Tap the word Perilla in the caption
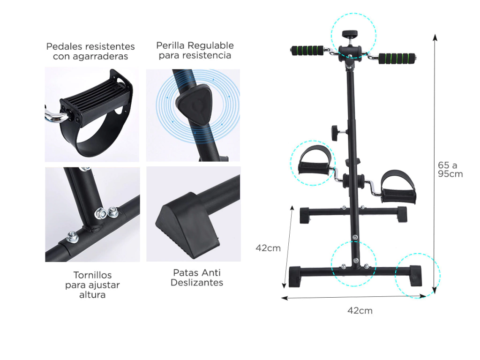coord(171,45)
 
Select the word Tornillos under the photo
coord(92,275)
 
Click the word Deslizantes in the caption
coord(197,282)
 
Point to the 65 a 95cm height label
coord(450,169)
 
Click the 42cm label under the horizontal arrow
coord(360,311)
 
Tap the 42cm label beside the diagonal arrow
coord(268,248)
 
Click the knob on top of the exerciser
coord(350,34)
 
